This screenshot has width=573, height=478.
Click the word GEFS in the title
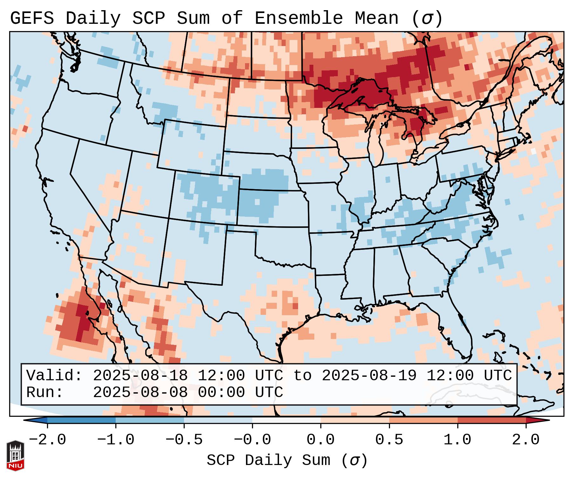tap(32, 18)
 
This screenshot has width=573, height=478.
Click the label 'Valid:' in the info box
tap(54, 375)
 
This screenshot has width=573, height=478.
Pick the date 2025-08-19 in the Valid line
tap(369, 375)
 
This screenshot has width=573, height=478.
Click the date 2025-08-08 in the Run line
tap(140, 392)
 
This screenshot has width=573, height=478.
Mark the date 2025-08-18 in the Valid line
tap(140, 375)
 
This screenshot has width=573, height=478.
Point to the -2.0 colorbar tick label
tap(47, 440)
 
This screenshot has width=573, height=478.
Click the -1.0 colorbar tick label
tap(116, 440)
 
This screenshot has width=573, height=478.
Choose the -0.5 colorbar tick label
tap(184, 440)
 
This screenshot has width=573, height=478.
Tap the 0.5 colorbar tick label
tap(389, 440)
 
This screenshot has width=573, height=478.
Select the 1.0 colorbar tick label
tap(458, 440)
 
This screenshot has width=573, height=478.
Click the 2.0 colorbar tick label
tap(526, 440)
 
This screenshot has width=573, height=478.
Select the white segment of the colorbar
tap(286, 420)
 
